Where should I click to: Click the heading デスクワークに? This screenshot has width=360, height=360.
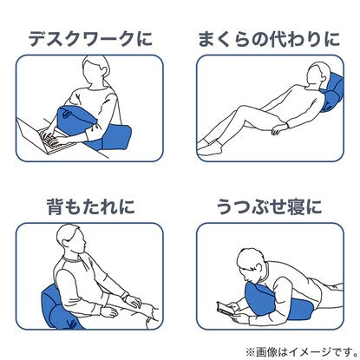(90, 39)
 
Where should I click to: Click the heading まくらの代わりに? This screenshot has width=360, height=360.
(269, 39)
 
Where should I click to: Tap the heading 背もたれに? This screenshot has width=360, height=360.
(91, 206)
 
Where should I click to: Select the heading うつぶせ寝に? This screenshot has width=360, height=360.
(269, 206)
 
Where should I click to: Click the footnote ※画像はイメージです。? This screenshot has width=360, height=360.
(302, 351)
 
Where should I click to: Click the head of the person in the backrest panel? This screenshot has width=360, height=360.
(71, 240)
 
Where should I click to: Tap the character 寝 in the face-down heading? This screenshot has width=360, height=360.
(295, 206)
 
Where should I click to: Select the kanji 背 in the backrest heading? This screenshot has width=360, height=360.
(56, 206)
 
